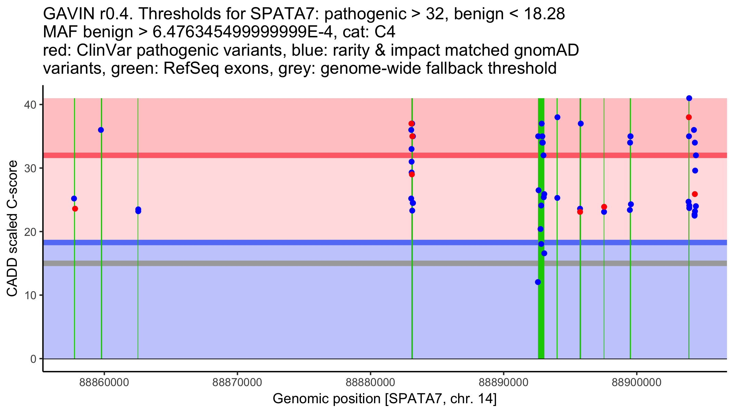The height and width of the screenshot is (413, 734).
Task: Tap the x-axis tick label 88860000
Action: [104, 382]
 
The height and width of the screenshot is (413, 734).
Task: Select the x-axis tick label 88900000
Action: [637, 382]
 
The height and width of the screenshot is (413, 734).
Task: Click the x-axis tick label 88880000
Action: [370, 382]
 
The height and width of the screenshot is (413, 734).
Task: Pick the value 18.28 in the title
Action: [544, 14]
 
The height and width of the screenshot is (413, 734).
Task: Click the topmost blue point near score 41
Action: [689, 98]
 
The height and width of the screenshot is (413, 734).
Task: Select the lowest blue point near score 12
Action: [538, 282]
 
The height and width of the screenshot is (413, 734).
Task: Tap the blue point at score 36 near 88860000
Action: [101, 130]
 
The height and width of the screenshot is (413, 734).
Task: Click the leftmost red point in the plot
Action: [75, 209]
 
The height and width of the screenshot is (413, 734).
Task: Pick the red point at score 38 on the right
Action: [689, 117]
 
